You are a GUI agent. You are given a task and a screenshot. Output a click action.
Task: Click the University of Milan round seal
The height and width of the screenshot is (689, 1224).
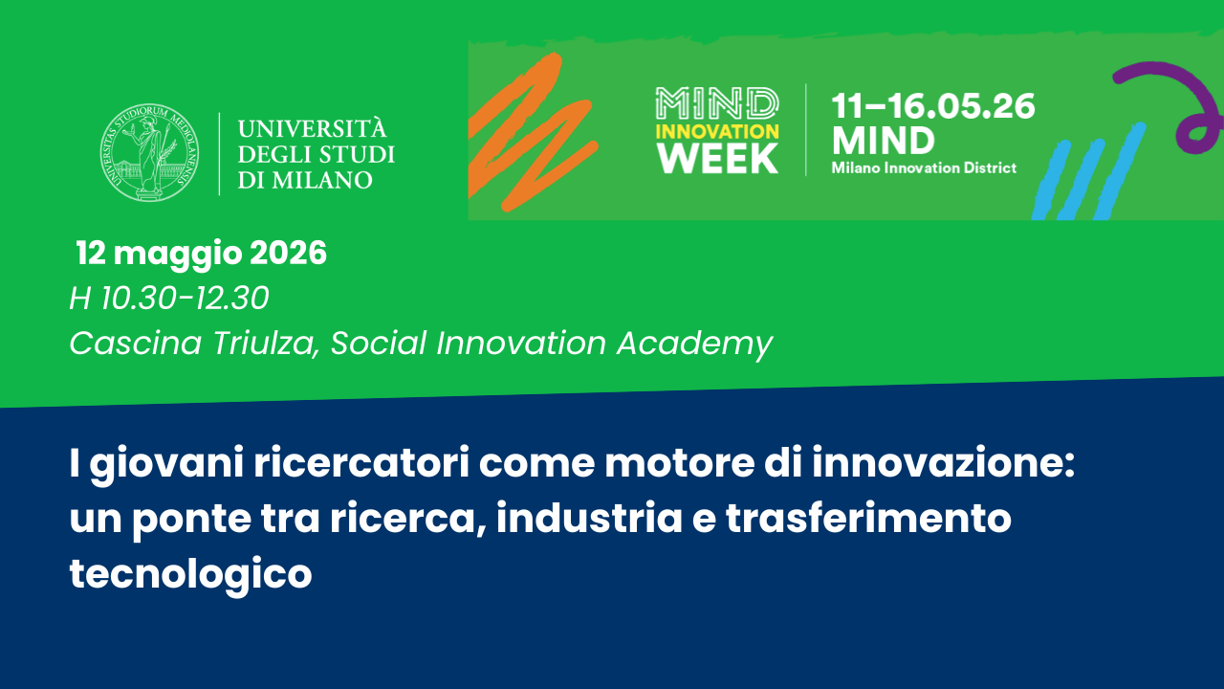(149, 152)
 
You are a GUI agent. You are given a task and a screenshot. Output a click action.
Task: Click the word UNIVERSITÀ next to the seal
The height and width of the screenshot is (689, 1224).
(312, 128)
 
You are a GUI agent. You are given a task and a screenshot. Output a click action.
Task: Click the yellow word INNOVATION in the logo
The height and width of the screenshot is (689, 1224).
(717, 131)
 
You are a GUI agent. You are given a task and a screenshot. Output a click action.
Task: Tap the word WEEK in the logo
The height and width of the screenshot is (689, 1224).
(717, 159)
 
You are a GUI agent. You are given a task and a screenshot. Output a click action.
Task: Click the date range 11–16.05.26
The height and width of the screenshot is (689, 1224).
(932, 106)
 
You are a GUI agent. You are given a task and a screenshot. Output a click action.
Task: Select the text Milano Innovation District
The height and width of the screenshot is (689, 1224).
(924, 167)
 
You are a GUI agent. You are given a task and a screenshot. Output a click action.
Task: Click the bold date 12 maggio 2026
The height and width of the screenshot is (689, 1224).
(201, 255)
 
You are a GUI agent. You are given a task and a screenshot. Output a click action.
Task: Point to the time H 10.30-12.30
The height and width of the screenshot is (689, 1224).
(169, 298)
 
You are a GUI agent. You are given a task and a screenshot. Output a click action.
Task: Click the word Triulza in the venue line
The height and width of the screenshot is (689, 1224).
(266, 344)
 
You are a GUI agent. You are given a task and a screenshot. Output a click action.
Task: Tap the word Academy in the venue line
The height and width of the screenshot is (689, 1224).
(694, 344)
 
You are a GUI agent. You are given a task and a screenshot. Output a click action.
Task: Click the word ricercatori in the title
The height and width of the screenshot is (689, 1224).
(361, 463)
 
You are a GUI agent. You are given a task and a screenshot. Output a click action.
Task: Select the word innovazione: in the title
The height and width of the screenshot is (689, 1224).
(943, 462)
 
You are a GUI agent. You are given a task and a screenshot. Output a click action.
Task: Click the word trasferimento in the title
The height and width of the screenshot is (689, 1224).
(868, 518)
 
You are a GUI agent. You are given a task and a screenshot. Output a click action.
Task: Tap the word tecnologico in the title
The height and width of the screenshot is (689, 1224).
(190, 574)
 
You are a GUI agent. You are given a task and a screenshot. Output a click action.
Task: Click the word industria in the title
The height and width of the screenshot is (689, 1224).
(589, 518)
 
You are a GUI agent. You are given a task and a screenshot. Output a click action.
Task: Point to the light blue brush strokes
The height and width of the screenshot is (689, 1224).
(1087, 172)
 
